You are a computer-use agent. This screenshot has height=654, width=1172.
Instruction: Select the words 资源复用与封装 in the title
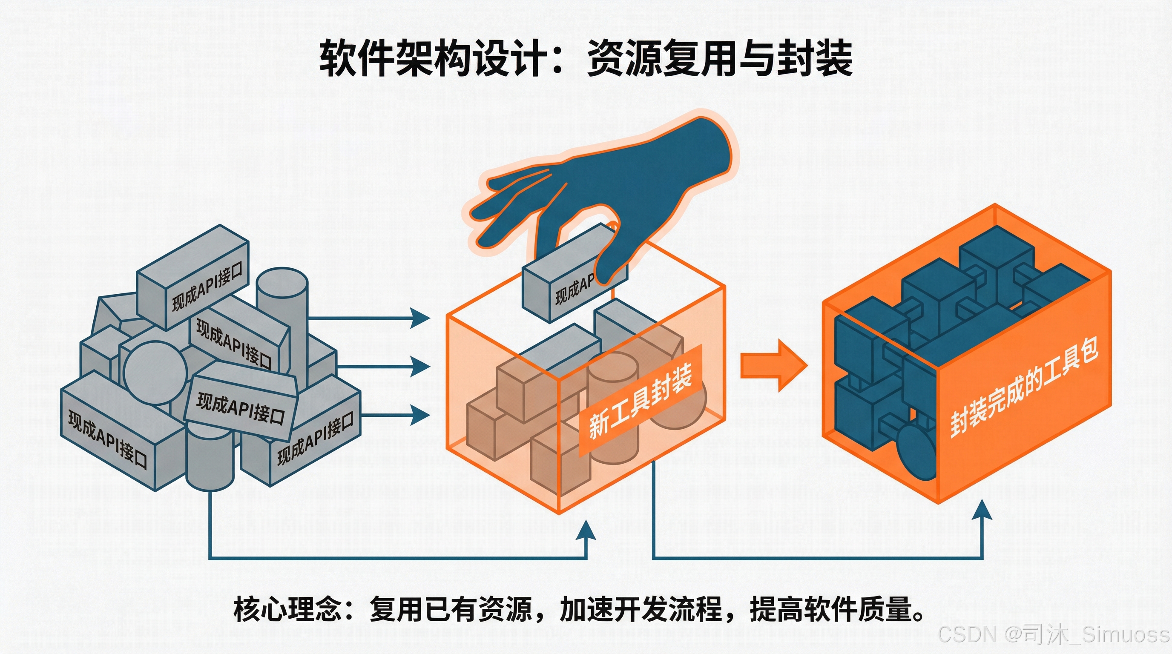click(x=719, y=58)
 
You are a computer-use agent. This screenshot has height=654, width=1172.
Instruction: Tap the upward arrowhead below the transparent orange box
click(x=586, y=531)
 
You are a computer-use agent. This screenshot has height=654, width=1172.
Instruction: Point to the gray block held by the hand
click(x=564, y=282)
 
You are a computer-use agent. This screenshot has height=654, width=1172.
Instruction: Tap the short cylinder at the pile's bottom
click(x=210, y=459)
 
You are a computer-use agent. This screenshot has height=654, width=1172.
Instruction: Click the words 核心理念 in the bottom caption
click(x=287, y=609)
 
